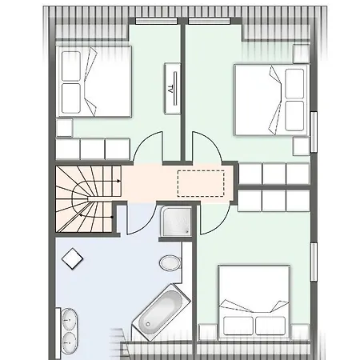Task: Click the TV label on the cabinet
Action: pos(170,89)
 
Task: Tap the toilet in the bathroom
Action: pos(170,263)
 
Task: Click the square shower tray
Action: pos(176,221)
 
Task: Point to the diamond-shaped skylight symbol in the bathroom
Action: pos(72,258)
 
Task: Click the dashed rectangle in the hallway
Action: pos(201,184)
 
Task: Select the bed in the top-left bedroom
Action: pos(94,82)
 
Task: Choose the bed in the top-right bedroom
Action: pos(272,100)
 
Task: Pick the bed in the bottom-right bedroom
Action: pos(254,302)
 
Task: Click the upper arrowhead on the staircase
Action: pos(118,181)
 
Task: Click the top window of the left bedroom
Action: pos(156,21)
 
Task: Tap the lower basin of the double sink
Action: pos(70,343)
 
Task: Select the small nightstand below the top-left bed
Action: pos(64,128)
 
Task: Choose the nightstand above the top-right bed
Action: pos(301,54)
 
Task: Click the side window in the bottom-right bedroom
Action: pos(314,262)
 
